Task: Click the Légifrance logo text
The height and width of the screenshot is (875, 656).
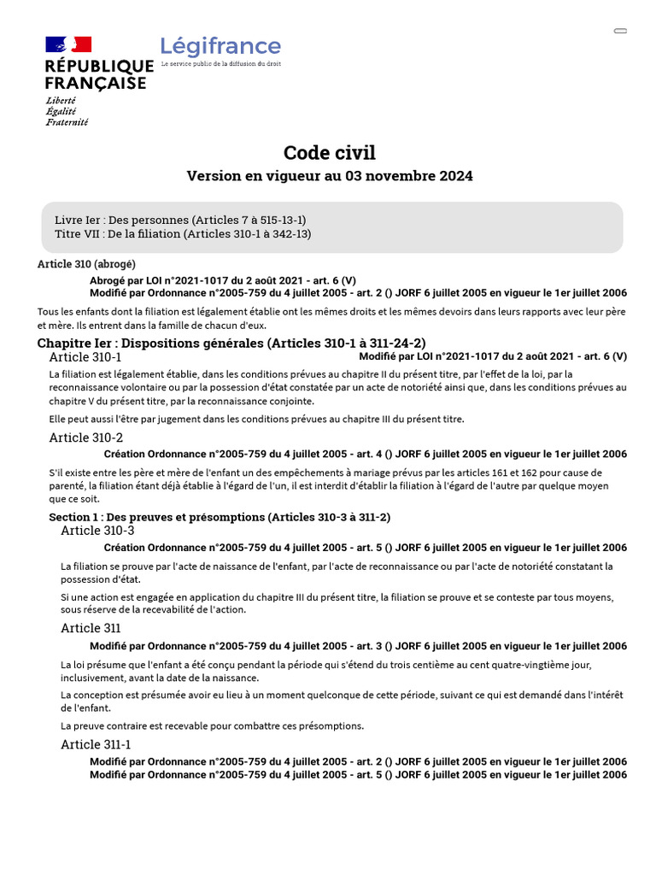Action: click(x=220, y=46)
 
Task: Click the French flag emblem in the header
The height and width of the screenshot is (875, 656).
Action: click(x=68, y=44)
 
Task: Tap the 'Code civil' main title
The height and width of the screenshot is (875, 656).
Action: click(x=329, y=153)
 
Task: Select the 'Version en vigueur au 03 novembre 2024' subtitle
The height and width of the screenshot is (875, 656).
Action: click(x=329, y=176)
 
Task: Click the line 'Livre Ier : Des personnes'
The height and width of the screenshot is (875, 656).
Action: click(x=179, y=220)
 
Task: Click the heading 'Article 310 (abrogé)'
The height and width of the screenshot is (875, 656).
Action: click(x=86, y=264)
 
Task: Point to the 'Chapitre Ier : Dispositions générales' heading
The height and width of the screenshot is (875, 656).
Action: click(x=231, y=343)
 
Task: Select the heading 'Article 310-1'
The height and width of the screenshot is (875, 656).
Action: click(x=85, y=356)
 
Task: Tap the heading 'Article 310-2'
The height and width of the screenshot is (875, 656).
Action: click(x=85, y=437)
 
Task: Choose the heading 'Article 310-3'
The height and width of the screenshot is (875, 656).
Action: click(x=97, y=531)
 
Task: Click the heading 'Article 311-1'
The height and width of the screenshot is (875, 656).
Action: click(x=96, y=744)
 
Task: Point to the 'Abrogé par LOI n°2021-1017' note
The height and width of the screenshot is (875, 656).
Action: click(x=223, y=280)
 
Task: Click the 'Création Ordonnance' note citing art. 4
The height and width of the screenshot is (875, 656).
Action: click(x=365, y=455)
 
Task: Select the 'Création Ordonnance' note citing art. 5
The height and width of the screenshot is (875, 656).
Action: click(x=365, y=548)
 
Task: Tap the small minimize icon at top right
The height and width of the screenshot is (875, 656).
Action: click(x=620, y=31)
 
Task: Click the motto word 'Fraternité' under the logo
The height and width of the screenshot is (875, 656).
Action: click(x=67, y=122)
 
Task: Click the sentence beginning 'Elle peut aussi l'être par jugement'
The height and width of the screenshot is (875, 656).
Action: click(x=256, y=419)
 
